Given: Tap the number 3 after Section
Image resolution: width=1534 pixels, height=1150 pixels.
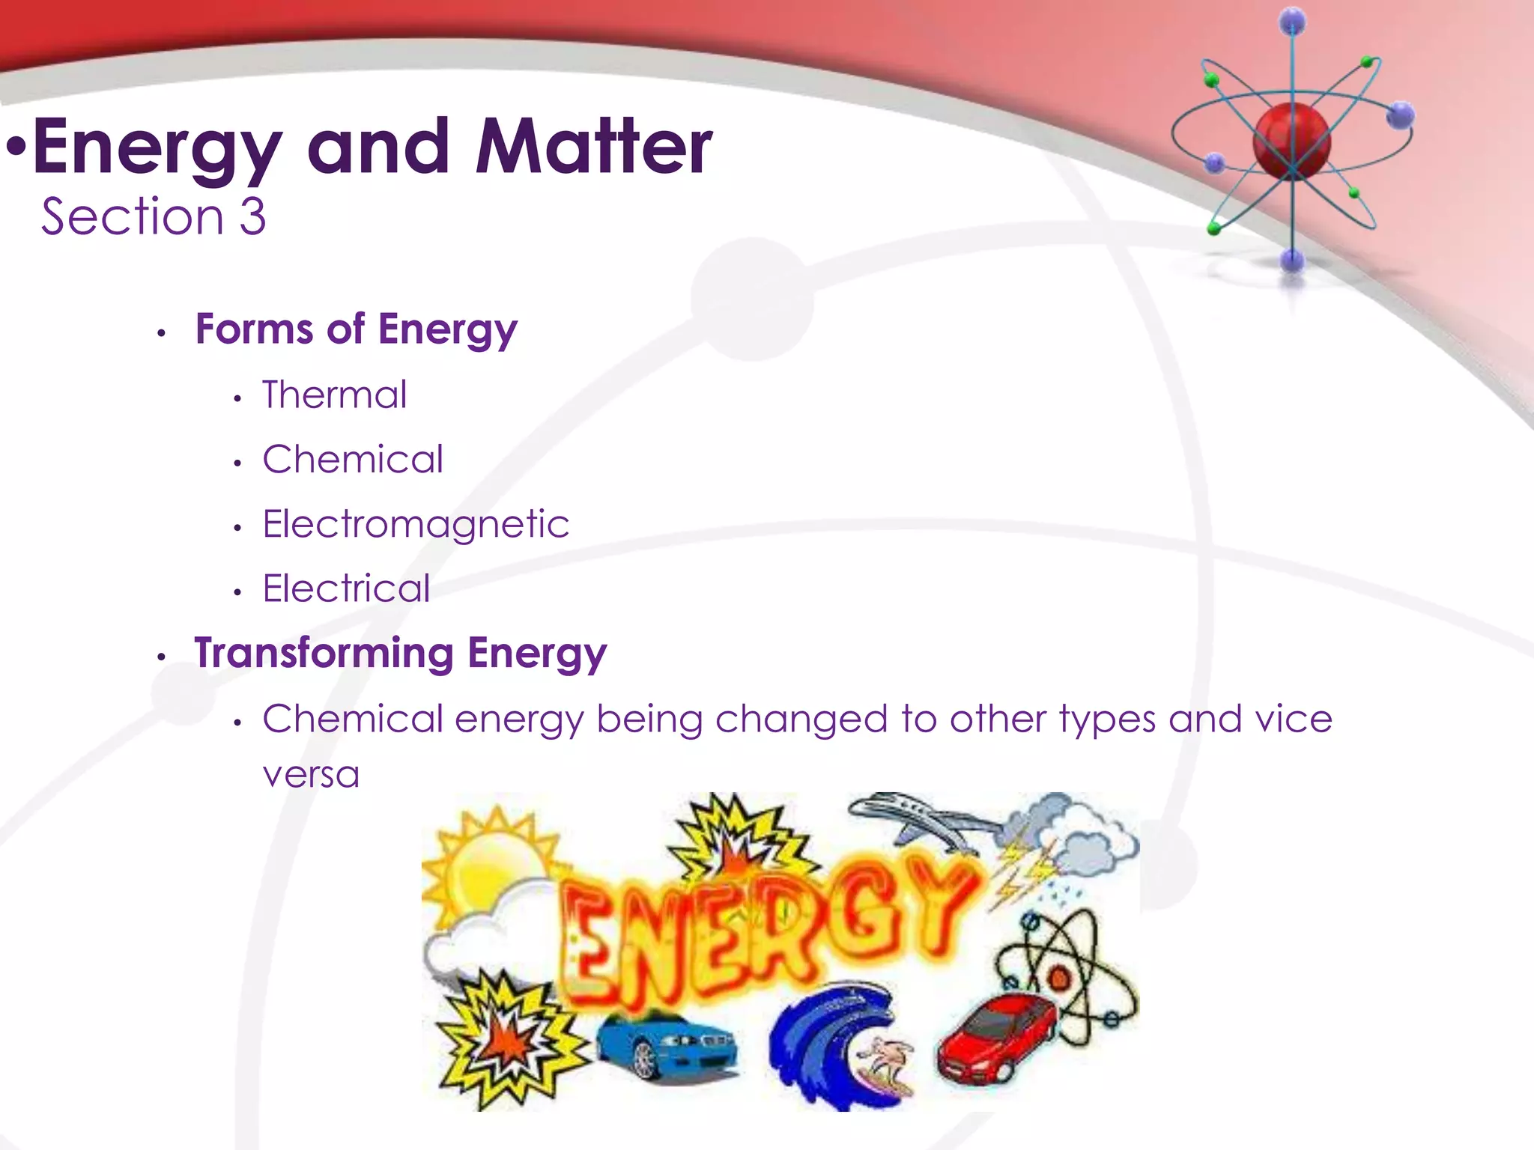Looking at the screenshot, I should pos(252,217).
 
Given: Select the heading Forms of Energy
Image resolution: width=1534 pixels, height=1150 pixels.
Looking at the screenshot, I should pos(356,329).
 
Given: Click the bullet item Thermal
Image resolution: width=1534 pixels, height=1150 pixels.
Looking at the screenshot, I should pos(334,395).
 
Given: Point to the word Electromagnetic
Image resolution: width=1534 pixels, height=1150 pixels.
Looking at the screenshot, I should pos(416,523).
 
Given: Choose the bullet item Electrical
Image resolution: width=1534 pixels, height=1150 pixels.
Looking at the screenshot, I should pos(346,588).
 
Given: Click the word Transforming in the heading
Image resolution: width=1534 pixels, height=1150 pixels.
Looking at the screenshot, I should pos(324,653).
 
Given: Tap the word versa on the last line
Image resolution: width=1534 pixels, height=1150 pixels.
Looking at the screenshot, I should pos(311,774).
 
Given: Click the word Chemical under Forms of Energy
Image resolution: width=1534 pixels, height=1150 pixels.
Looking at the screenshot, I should pos(353,459).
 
